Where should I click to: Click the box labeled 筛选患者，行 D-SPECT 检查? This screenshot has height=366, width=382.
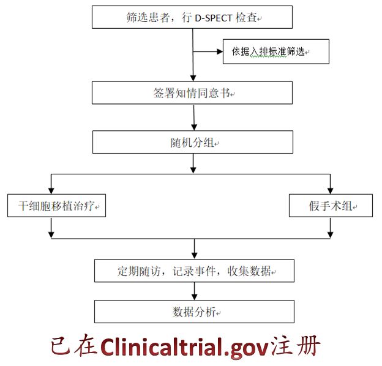pos(192,17)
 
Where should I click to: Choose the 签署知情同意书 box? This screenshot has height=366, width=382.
pos(192,92)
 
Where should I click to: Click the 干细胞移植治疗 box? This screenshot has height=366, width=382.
pos(56,206)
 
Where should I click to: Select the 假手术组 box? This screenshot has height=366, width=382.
pos(331,206)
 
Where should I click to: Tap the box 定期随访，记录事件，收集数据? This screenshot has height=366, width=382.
pos(194,270)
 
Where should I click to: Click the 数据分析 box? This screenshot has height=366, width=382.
pos(194,312)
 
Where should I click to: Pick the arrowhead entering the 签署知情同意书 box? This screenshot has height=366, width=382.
pos(193,78)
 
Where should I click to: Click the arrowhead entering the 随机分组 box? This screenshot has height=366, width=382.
pos(194,127)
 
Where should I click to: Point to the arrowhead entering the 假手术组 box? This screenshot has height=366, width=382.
pos(331,192)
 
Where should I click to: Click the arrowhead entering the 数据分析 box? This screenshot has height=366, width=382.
pos(194,296)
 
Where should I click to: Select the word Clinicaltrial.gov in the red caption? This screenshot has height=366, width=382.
pos(184,346)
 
